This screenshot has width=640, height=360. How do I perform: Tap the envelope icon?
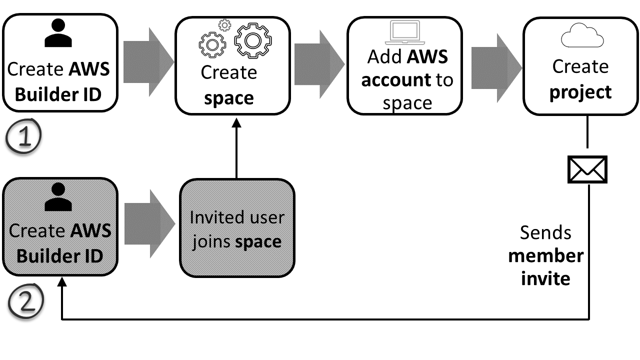587,169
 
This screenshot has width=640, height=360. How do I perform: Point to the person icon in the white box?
58,34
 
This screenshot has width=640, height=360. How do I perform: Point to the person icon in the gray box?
58,197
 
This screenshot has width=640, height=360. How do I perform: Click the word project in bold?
580,92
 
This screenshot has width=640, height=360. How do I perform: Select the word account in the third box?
396,80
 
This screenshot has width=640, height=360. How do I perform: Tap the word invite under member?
545,278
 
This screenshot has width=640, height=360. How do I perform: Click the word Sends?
545,232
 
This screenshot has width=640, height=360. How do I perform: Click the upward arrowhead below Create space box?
236,123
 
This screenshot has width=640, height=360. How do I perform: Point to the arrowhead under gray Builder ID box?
61,283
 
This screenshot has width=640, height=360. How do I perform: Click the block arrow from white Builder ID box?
148,61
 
